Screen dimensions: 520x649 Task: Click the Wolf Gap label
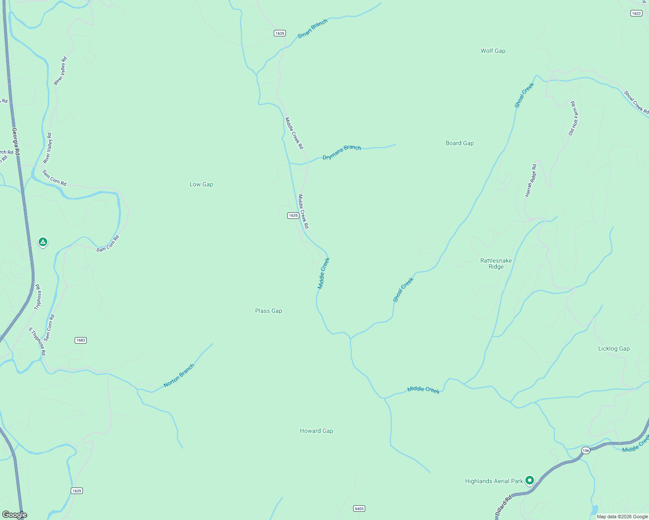(493, 51)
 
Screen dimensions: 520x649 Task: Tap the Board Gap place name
(459, 143)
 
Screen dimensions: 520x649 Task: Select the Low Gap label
(201, 184)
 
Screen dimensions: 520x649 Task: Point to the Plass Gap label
(269, 311)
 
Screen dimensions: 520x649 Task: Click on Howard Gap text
(316, 431)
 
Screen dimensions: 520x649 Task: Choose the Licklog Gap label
(613, 348)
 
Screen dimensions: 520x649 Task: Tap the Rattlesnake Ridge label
(496, 263)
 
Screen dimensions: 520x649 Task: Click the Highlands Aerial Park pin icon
(529, 480)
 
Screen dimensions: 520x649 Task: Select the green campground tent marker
(43, 242)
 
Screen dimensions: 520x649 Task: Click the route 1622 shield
(636, 13)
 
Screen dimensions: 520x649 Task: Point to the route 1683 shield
(81, 340)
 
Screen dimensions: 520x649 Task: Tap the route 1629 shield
(77, 491)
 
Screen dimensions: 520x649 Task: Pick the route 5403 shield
(359, 508)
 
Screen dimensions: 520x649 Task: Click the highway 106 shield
(586, 451)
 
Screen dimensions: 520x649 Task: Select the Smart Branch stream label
(312, 29)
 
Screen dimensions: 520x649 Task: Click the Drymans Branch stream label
(342, 152)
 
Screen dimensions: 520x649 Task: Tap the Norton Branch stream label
(179, 376)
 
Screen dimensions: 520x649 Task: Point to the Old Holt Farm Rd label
(574, 118)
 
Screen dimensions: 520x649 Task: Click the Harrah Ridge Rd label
(531, 180)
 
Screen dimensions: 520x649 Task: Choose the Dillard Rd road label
(503, 506)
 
